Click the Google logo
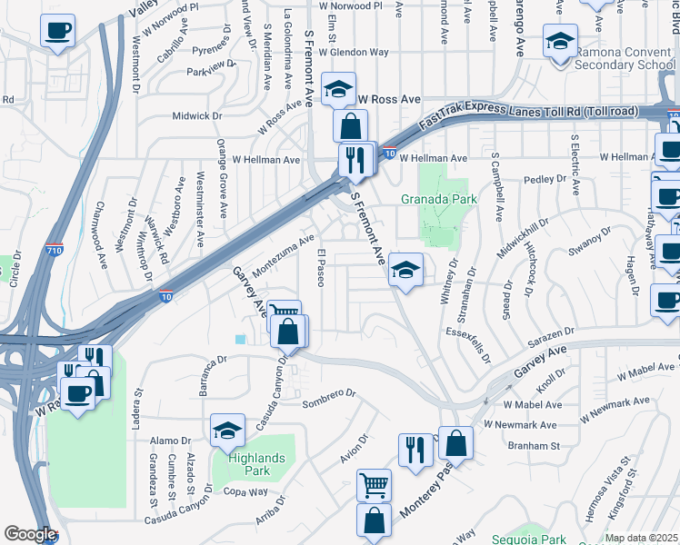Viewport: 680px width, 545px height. click(x=30, y=534)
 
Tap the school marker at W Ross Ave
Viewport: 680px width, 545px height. click(x=338, y=90)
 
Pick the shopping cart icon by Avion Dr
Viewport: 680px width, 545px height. click(x=375, y=485)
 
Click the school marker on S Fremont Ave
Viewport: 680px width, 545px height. click(x=405, y=270)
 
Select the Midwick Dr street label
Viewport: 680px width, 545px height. click(x=197, y=116)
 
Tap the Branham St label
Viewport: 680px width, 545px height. click(x=535, y=446)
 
